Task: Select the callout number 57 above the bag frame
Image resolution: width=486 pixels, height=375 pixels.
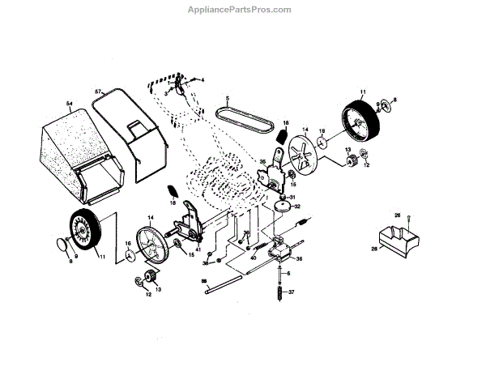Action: pyautogui.click(x=98, y=91)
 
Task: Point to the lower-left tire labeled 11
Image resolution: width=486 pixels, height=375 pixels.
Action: pyautogui.click(x=83, y=232)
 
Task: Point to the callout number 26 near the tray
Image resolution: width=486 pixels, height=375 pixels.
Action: pyautogui.click(x=397, y=215)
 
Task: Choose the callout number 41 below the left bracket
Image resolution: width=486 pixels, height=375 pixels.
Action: pyautogui.click(x=198, y=249)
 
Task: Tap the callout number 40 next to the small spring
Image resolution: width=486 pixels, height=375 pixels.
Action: pyautogui.click(x=254, y=258)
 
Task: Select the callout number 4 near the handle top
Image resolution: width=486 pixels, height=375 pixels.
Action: pyautogui.click(x=202, y=79)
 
